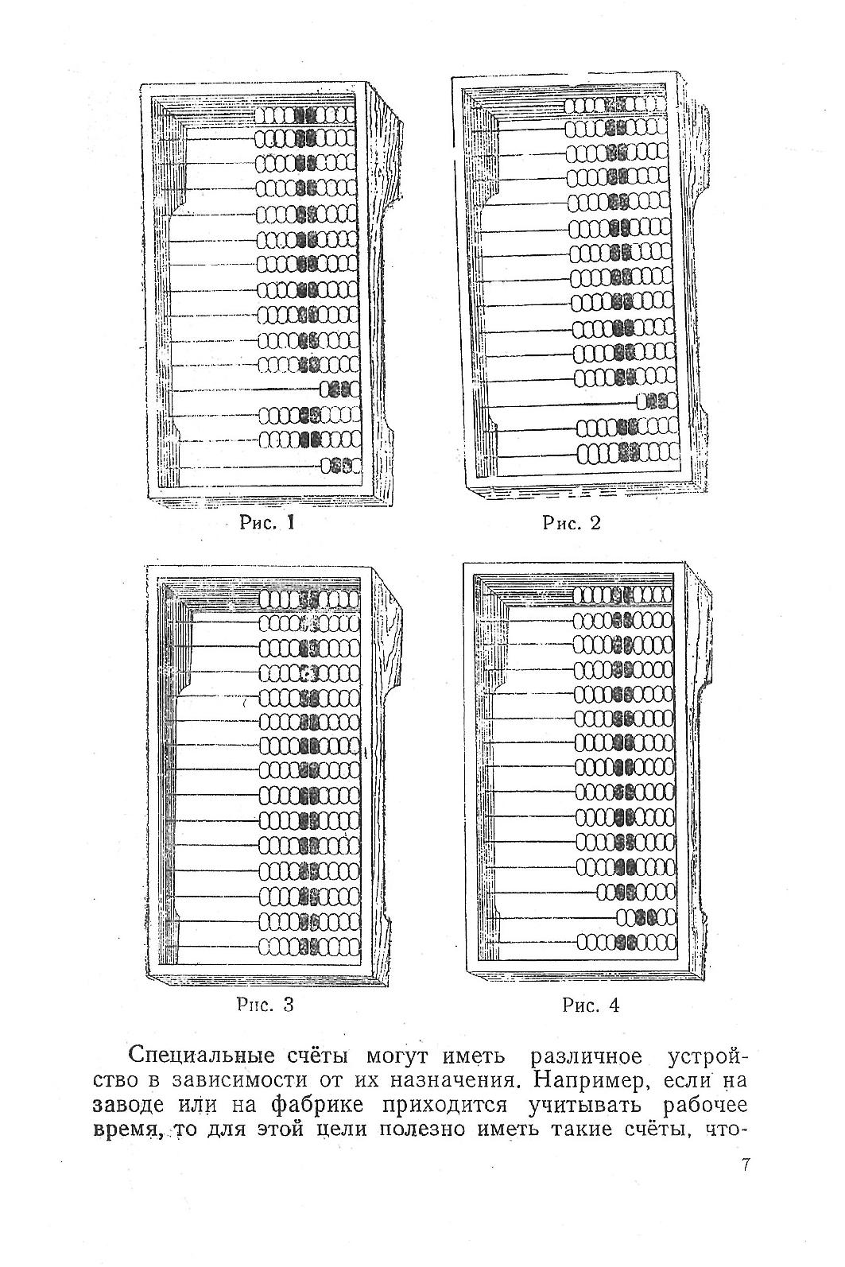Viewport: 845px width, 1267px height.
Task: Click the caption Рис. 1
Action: point(267,523)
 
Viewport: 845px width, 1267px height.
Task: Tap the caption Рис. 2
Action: point(572,523)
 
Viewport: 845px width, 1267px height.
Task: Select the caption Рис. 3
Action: point(266,1005)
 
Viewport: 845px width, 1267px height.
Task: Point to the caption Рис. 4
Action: point(590,1005)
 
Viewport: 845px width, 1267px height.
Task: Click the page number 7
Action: point(745,1165)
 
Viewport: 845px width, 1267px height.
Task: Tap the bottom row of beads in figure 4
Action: point(626,943)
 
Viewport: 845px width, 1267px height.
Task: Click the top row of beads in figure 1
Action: point(307,114)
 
